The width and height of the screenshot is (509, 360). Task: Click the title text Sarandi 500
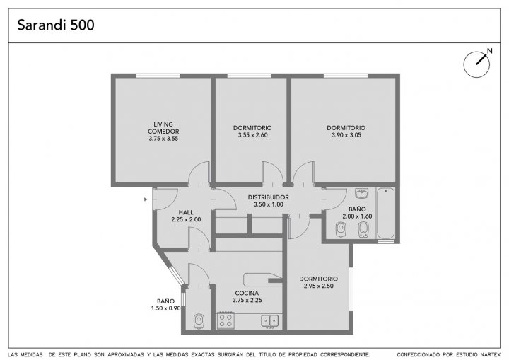tap(56, 25)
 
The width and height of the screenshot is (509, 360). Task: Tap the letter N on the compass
tap(490, 51)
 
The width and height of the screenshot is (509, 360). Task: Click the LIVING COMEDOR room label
tap(163, 128)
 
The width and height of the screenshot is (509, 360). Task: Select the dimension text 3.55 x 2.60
tap(253, 135)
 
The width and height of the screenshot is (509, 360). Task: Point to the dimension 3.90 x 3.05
tap(346, 135)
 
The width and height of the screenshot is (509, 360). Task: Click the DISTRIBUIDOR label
tap(269, 197)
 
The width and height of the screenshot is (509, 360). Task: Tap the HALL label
tap(186, 212)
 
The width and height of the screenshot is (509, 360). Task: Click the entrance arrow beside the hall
tap(146, 199)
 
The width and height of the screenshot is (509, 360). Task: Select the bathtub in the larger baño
tap(386, 213)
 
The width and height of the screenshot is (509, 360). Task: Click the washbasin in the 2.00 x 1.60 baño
tap(361, 193)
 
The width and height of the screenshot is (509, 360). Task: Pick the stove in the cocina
tap(226, 320)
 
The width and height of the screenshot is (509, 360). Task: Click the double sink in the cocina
tap(270, 321)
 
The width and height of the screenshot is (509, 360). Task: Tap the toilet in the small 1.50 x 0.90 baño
tap(199, 321)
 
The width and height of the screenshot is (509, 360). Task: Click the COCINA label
tap(247, 293)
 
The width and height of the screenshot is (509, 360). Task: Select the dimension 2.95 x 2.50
tap(318, 286)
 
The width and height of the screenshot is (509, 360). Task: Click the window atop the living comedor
tap(158, 76)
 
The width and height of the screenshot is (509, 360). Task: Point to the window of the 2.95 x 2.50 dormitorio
tap(351, 289)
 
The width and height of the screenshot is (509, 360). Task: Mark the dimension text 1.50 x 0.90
tap(166, 308)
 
